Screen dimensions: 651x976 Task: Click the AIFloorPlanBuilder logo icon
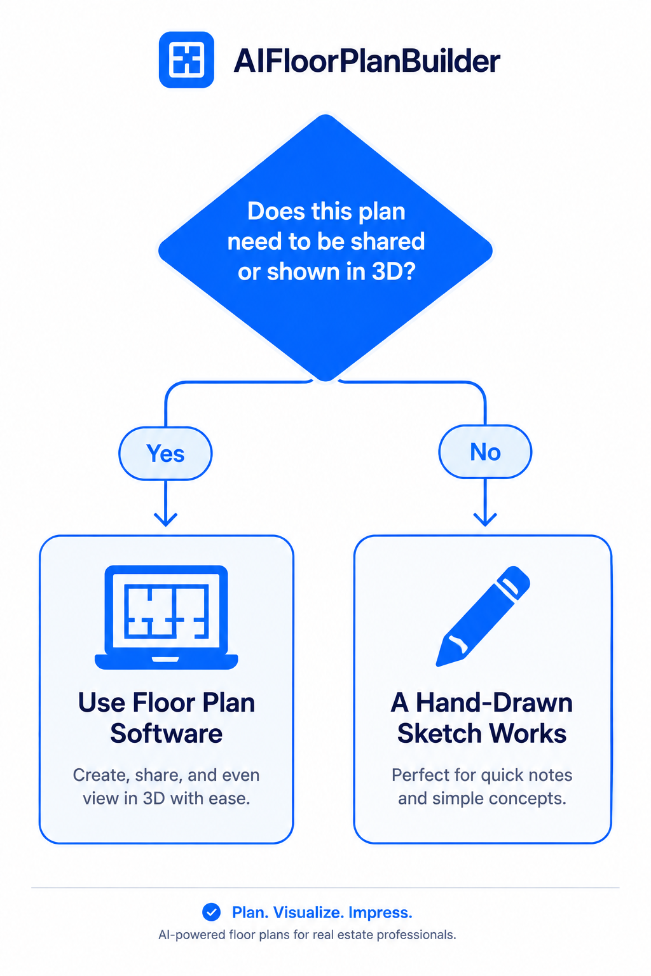point(186,60)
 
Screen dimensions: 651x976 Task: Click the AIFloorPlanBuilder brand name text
point(367,61)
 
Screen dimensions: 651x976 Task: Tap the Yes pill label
point(166,454)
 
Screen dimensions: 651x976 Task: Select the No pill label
point(485,452)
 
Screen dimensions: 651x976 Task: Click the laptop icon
point(166,617)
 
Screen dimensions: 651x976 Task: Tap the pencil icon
point(483,616)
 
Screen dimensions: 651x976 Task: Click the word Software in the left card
point(166,733)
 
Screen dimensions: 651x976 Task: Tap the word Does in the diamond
point(276,212)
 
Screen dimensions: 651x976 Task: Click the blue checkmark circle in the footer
point(212,912)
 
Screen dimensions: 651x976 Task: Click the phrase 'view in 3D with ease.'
point(167,798)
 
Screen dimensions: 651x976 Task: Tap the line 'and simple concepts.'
point(483,799)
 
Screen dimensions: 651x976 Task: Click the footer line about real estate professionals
point(308,935)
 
